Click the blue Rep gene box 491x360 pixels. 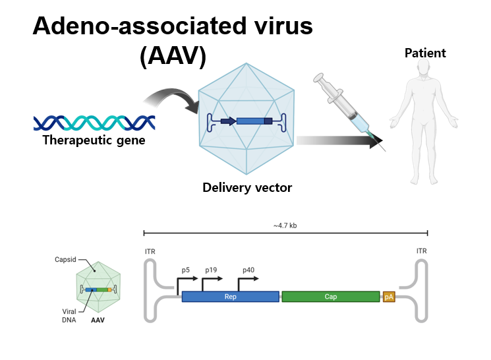pos(230,297)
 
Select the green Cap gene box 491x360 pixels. pos(330,297)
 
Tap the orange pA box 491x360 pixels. pos(388,297)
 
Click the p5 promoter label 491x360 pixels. pos(186,270)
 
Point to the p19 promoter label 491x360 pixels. pos(211,270)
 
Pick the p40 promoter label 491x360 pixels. pos(248,270)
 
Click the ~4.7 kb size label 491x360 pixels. pos(285,225)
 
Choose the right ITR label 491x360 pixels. pos(422,251)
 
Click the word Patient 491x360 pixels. pos(425,53)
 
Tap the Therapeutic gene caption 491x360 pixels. pos(94,140)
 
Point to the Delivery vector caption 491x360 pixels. pos(247,188)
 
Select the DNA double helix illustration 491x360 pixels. pos(94,122)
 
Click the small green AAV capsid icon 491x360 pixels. pos(98,288)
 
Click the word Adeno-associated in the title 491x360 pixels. pos(131,26)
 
